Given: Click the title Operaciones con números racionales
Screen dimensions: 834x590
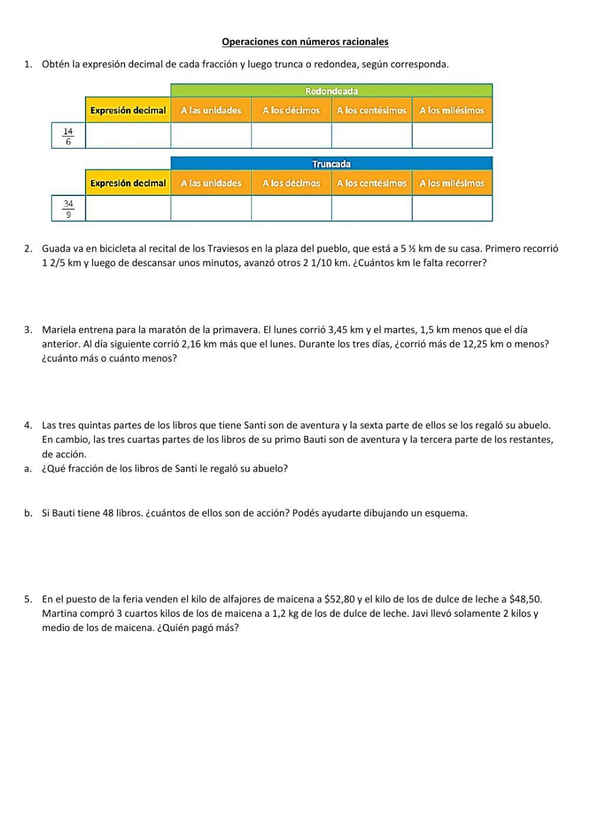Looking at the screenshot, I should [x=305, y=41].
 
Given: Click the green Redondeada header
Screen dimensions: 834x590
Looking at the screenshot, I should [x=331, y=91].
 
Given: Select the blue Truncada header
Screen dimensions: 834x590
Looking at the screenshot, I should [x=331, y=164].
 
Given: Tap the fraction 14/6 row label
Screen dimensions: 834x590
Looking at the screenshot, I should [x=68, y=136].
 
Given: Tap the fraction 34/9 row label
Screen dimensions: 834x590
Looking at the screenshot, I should [x=68, y=209].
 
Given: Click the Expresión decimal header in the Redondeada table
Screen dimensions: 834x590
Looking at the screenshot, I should [x=128, y=110].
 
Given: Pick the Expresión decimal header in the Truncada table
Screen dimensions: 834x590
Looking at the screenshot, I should [x=128, y=184].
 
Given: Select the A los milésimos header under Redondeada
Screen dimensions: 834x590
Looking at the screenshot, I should [x=451, y=110].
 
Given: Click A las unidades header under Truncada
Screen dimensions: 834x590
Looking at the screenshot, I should [x=211, y=184].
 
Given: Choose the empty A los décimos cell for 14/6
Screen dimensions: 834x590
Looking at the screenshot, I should [x=291, y=136].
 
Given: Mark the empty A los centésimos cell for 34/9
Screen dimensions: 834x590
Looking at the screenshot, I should [x=371, y=209].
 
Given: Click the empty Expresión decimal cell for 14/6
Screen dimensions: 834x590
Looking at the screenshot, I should [x=128, y=136].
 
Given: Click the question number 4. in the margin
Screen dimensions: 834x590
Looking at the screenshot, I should [x=28, y=425].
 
